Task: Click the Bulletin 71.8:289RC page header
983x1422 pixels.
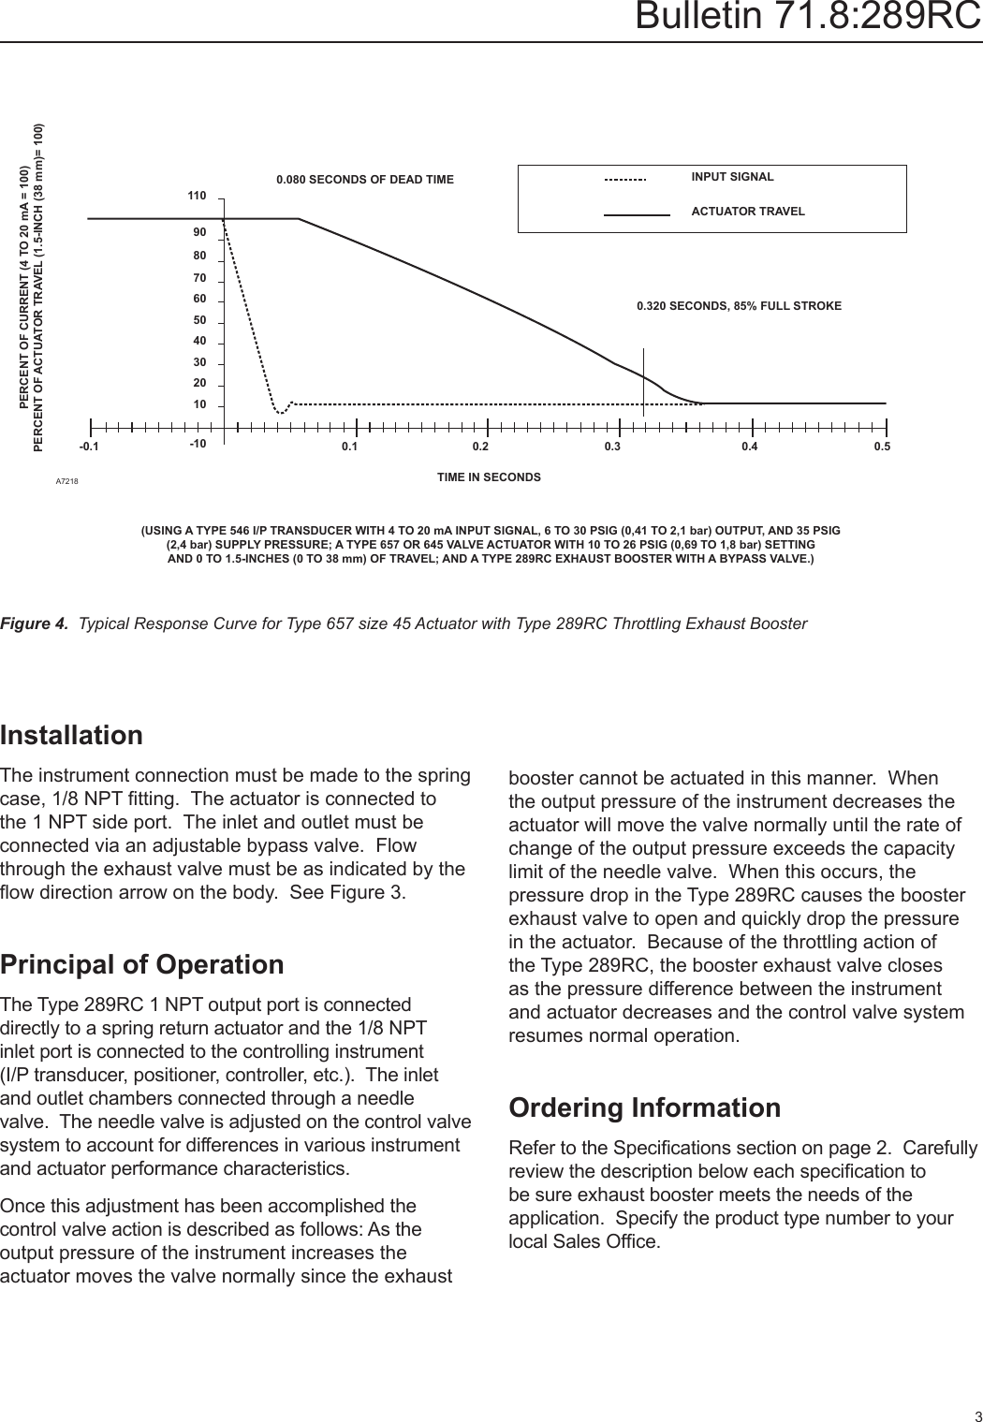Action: pos(807,17)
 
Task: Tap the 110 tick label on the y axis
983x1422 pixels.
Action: pos(196,197)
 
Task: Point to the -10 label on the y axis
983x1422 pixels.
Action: pos(198,443)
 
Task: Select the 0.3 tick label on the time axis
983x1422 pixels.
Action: pos(612,447)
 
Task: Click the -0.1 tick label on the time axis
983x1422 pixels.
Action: pos(88,447)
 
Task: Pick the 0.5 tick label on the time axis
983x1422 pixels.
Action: pos(882,447)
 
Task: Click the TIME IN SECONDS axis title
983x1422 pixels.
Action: pos(489,477)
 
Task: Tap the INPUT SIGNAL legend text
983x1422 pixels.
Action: pos(732,177)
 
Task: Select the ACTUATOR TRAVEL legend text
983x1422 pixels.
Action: pos(747,212)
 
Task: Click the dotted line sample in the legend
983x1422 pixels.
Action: pos(625,179)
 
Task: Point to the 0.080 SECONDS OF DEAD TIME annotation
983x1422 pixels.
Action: pos(364,180)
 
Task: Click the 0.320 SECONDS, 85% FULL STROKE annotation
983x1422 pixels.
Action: pos(739,306)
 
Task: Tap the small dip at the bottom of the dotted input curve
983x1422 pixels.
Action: pos(279,411)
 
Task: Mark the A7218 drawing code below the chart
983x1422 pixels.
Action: pos(66,481)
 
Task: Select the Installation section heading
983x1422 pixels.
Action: pos(72,735)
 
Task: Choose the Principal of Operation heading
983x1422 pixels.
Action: pos(142,964)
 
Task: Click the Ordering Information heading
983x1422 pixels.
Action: pos(644,1107)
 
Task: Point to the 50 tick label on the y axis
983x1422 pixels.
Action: pos(198,320)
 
